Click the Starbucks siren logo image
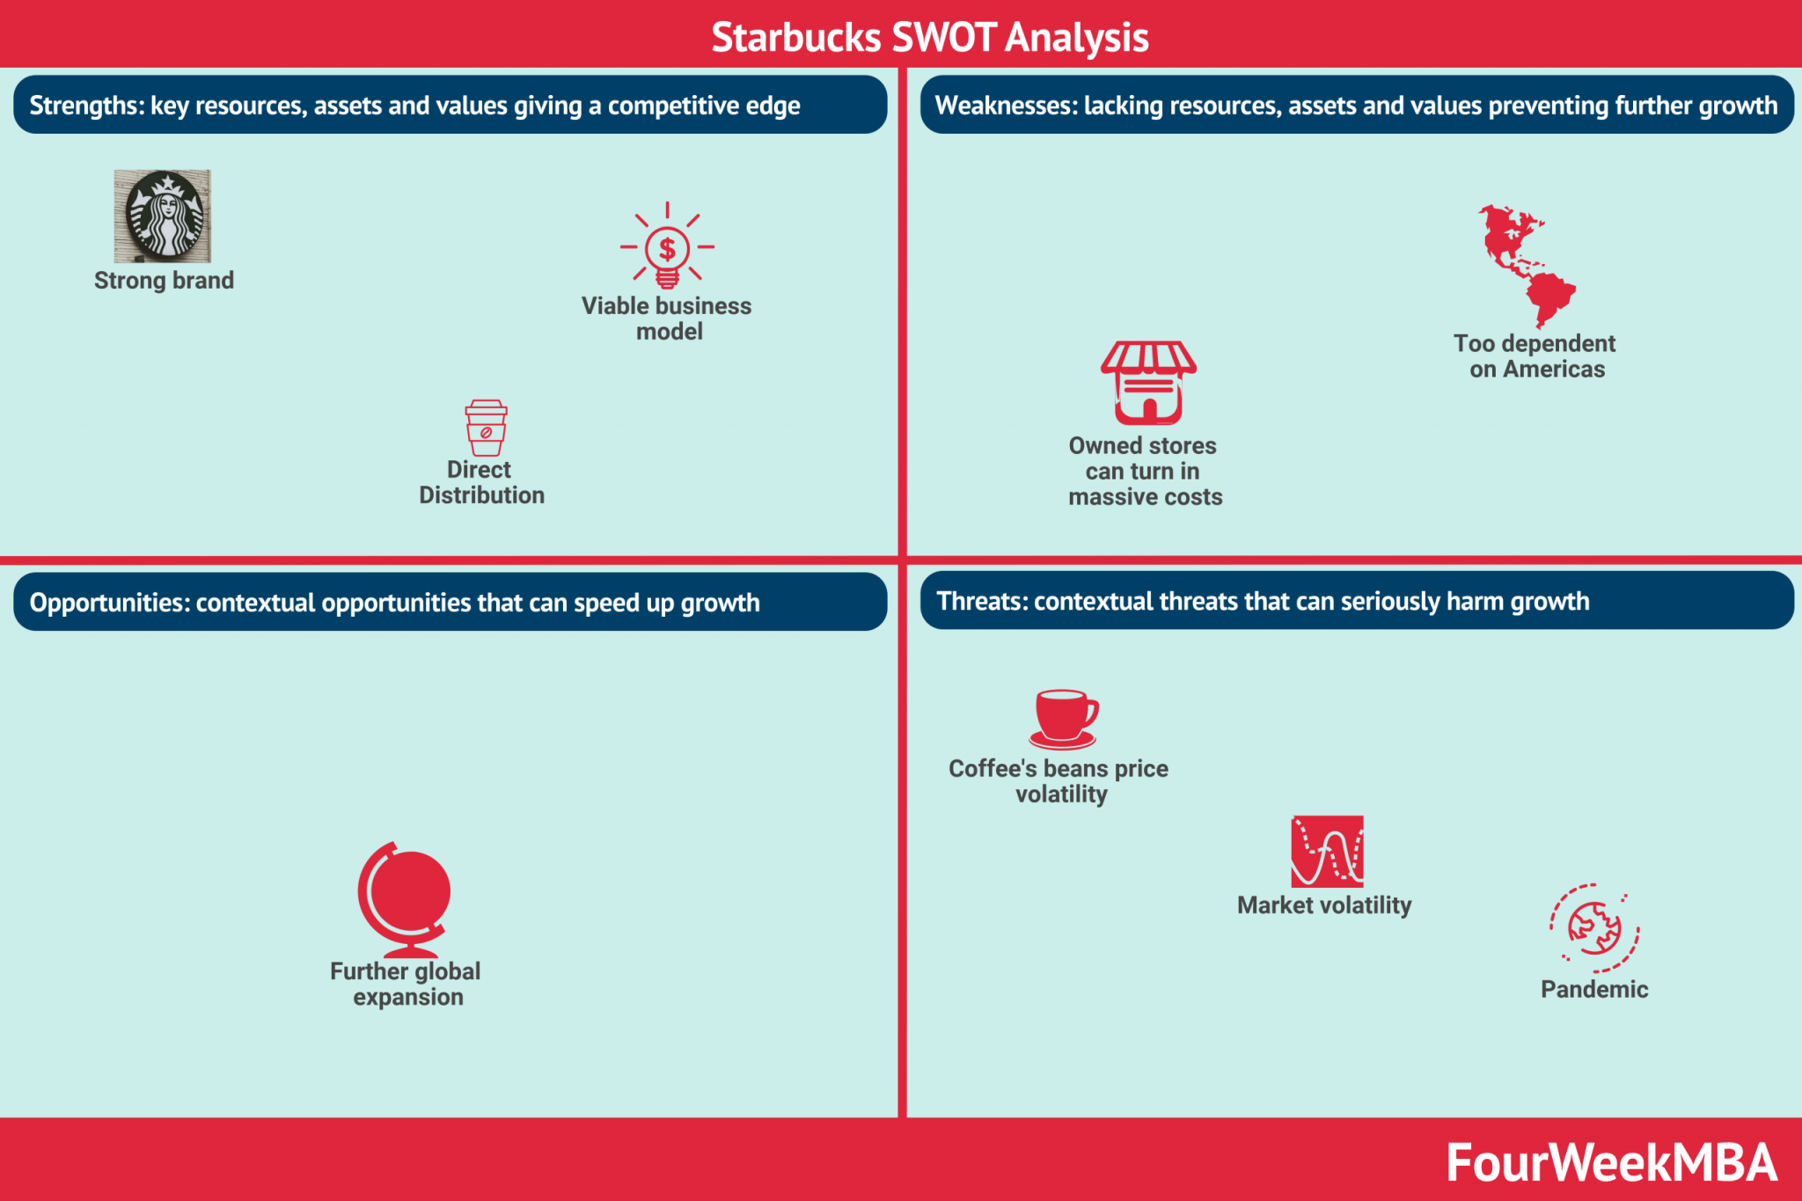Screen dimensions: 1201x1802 tap(163, 216)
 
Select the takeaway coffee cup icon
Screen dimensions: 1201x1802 tap(486, 428)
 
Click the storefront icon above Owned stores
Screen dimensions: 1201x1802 tap(1148, 383)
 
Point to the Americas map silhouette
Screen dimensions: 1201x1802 tap(1524, 264)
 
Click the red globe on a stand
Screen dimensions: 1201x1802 tap(405, 897)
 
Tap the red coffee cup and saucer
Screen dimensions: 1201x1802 tap(1064, 718)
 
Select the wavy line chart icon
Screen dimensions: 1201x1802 tap(1327, 851)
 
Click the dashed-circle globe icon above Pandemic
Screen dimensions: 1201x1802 tap(1594, 928)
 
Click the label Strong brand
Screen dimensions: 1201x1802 tap(164, 281)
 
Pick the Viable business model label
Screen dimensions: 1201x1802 tap(667, 319)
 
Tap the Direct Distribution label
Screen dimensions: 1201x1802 tap(481, 482)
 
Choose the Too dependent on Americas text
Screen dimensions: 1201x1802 tap(1535, 356)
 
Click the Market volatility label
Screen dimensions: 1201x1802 tap(1324, 905)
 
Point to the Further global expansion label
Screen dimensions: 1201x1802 tap(406, 984)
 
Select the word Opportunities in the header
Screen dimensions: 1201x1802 tap(108, 603)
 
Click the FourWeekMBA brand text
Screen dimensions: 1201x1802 tap(1611, 1162)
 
